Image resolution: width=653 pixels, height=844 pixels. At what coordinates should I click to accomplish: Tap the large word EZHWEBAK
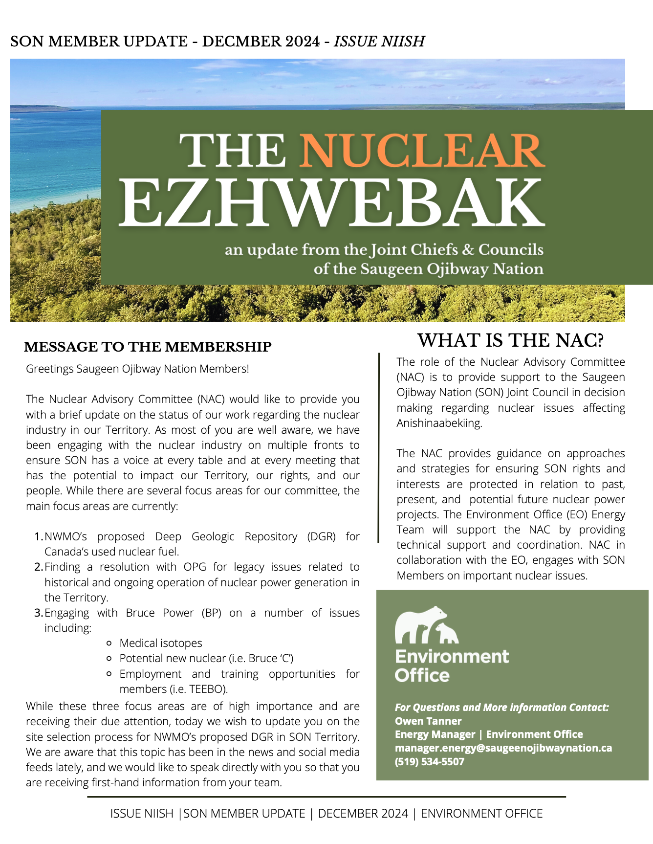[331, 202]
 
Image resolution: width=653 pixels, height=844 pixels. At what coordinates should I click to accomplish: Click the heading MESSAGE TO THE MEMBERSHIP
[148, 347]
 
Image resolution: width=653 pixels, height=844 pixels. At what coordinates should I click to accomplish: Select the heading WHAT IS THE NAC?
[510, 340]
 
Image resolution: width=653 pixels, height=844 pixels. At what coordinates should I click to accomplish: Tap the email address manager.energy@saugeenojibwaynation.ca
[503, 748]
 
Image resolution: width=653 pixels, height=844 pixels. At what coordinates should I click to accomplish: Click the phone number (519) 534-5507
[430, 762]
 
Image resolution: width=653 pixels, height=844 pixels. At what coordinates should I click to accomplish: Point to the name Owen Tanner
[428, 721]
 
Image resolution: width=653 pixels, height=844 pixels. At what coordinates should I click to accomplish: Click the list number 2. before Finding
[39, 567]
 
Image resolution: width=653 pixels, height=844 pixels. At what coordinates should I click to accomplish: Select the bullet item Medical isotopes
[161, 644]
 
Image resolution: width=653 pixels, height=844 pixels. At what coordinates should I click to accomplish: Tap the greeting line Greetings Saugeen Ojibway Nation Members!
[137, 369]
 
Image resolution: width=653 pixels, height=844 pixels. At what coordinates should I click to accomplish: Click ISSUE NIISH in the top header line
[379, 42]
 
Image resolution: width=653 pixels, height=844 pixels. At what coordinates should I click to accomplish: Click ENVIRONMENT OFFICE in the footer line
[481, 814]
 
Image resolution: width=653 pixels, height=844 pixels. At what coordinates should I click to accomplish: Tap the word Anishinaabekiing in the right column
[438, 423]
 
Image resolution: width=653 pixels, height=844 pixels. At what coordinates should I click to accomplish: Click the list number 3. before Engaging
[39, 613]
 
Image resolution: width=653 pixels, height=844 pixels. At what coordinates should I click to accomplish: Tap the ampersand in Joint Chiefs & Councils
[468, 250]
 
